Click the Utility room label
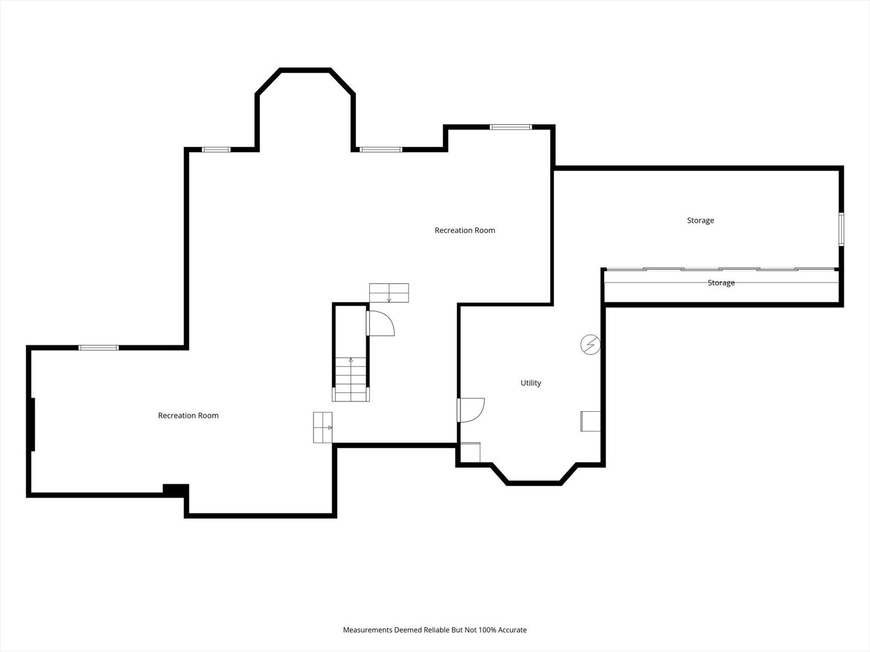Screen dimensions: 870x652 (530, 383)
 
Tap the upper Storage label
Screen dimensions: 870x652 (700, 220)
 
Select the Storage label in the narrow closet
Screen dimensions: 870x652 (721, 283)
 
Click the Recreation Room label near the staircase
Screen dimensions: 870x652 (465, 231)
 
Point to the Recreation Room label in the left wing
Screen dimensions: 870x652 (188, 415)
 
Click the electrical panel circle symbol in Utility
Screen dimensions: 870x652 (590, 344)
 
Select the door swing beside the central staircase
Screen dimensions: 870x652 (381, 324)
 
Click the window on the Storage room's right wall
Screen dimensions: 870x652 (841, 229)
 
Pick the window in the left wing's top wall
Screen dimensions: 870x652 (98, 348)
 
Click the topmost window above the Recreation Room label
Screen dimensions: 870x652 (511, 127)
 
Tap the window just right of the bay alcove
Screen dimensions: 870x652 (381, 150)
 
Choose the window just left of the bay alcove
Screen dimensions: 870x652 (216, 150)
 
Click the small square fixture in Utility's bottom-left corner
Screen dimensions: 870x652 (471, 452)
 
